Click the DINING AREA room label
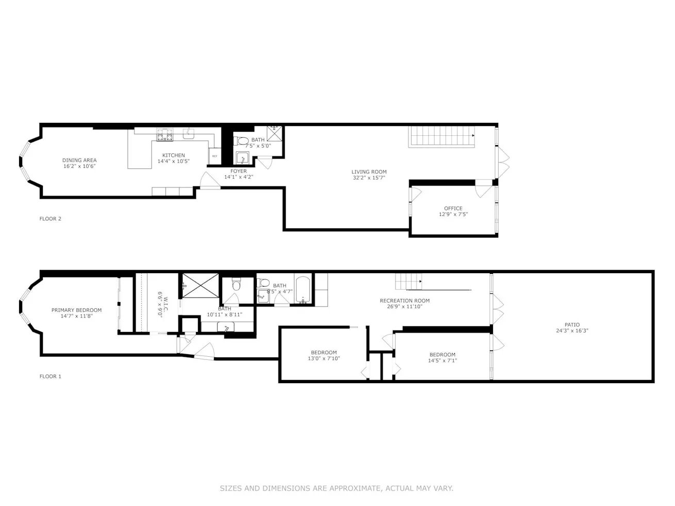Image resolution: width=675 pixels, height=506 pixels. coord(79,160)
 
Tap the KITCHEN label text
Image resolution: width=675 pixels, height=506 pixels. coord(174,155)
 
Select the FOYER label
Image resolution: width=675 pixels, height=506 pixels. coord(238,171)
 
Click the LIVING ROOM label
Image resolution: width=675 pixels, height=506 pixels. coord(369,172)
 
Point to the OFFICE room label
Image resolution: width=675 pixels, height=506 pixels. coord(453,209)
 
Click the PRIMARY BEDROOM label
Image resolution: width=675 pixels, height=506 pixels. coord(76,310)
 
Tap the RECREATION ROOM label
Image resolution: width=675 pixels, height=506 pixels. coord(404,301)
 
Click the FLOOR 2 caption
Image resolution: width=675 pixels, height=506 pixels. coord(51,219)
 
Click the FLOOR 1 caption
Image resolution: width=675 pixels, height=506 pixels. coord(51,376)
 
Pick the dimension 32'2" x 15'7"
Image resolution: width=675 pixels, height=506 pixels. coord(369,178)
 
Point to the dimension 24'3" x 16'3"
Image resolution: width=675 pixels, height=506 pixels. coord(572,331)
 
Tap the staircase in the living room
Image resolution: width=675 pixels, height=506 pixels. coord(441,137)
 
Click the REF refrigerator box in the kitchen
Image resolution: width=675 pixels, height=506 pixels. coord(215,156)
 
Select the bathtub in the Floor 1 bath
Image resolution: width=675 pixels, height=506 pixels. coord(303,290)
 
